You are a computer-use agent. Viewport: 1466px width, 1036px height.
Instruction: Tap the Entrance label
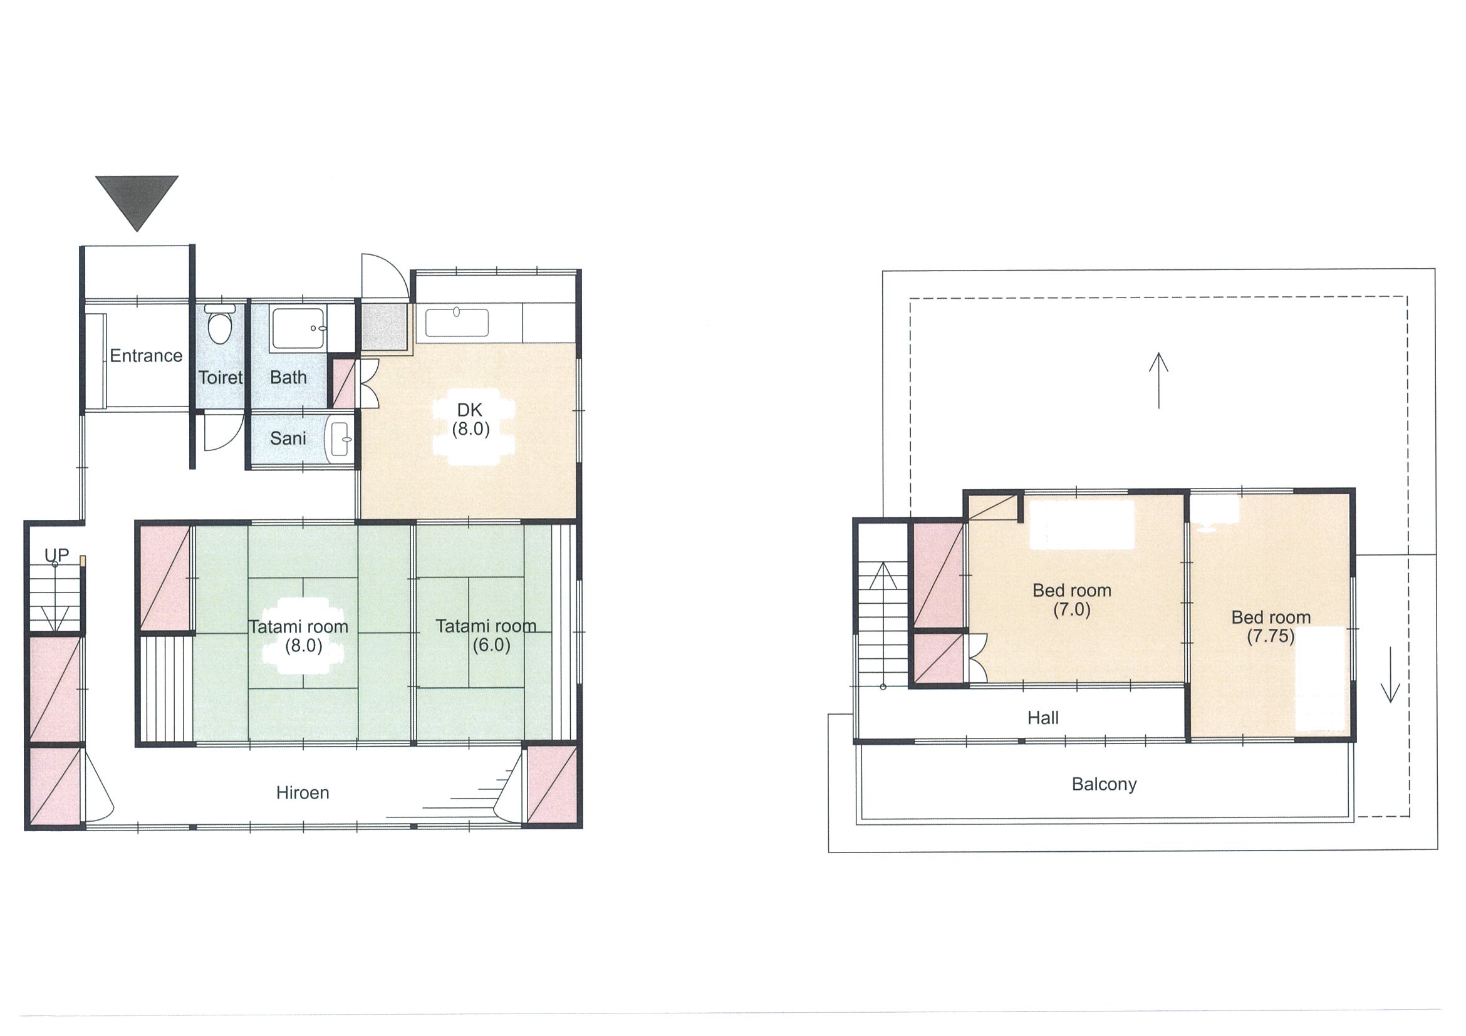(146, 356)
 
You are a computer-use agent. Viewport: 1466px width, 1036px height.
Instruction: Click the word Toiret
(221, 377)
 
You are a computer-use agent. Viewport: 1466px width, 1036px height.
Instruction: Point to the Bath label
(288, 377)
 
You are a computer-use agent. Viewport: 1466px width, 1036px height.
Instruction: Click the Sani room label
(288, 438)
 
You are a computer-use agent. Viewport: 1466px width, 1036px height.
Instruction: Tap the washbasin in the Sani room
(339, 439)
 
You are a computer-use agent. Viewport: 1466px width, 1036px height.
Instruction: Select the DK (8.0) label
(470, 420)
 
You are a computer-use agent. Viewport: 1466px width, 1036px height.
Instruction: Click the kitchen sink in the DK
(457, 323)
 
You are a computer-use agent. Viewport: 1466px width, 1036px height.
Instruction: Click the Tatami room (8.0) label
(299, 636)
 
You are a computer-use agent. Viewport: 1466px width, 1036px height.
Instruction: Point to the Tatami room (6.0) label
(486, 635)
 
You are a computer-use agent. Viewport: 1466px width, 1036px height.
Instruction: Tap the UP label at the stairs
(56, 555)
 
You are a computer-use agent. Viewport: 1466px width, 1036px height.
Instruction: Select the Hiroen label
(303, 793)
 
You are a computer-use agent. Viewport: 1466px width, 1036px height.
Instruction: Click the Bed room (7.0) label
(1072, 599)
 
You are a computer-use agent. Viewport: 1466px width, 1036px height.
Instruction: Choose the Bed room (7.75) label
(1271, 626)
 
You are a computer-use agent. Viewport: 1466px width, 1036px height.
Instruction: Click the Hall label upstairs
(1042, 718)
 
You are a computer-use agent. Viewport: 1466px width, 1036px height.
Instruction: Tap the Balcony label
(1104, 784)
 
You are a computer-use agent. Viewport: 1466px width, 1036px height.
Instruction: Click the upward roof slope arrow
(1159, 380)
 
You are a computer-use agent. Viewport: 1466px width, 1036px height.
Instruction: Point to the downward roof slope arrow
(1390, 674)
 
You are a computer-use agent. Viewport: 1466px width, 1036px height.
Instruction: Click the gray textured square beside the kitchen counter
(384, 326)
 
